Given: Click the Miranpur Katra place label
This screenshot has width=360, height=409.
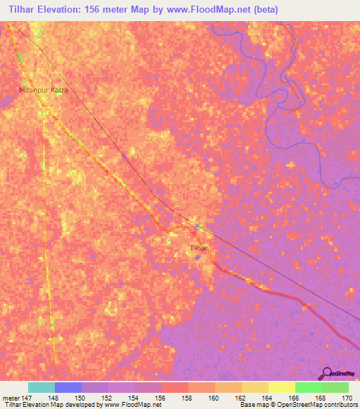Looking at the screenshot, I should pyautogui.click(x=43, y=91).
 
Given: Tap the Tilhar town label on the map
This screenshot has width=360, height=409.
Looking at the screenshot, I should pyautogui.click(x=200, y=249).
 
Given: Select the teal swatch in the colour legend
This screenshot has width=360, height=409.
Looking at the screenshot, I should pyautogui.click(x=41, y=387).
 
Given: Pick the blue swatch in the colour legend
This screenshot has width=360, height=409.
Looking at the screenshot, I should pyautogui.click(x=68, y=387).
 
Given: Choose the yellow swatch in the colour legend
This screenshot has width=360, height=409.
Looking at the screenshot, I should pyautogui.click(x=282, y=387).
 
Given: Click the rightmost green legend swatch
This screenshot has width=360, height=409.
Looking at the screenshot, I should pyautogui.click(x=335, y=387).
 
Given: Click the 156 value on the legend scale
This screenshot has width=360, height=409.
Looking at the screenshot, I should pyautogui.click(x=162, y=398).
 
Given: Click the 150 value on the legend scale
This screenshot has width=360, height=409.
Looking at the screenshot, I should pyautogui.click(x=82, y=398).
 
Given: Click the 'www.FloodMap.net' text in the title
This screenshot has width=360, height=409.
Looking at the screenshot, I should pyautogui.click(x=216, y=10).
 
